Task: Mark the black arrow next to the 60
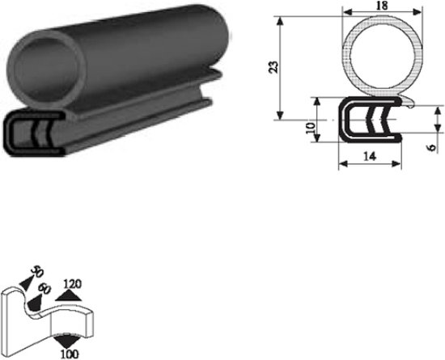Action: coord(36,300)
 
